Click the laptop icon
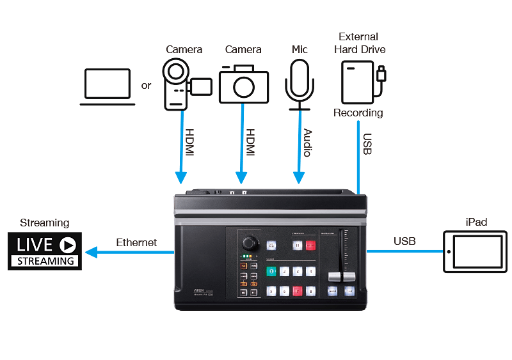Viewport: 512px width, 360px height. click(x=108, y=88)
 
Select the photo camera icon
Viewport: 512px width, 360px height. click(x=243, y=85)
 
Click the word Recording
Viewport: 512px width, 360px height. click(x=358, y=113)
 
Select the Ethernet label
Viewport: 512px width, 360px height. click(x=136, y=243)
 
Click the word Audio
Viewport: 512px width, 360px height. click(x=307, y=141)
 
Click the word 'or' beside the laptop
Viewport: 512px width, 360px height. click(x=147, y=85)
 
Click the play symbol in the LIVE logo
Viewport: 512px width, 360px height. click(x=67, y=244)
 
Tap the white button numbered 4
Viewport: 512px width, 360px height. click(x=310, y=271)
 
